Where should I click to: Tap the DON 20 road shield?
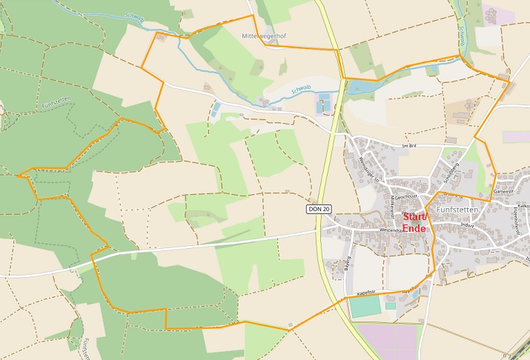click(317, 210)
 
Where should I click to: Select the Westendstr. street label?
click(390, 230)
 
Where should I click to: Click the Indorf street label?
click(466, 226)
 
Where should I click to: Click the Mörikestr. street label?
click(391, 199)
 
